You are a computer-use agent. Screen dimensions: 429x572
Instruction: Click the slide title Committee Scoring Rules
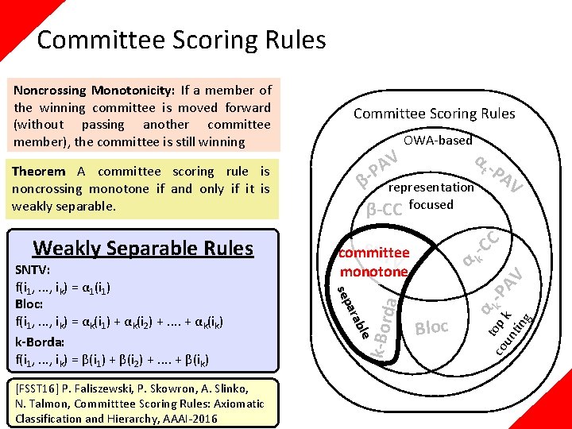(181, 40)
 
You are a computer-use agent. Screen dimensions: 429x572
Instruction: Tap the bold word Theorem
(39, 171)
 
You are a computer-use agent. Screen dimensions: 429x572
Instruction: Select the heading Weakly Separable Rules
(143, 248)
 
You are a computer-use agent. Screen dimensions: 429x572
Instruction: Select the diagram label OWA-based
(438, 141)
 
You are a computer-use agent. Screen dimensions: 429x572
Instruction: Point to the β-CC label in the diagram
(384, 210)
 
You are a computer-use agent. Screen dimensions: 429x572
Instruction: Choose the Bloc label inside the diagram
(432, 327)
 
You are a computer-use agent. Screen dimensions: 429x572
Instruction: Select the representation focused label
(431, 196)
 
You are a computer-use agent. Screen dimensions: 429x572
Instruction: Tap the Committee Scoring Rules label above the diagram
(434, 113)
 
